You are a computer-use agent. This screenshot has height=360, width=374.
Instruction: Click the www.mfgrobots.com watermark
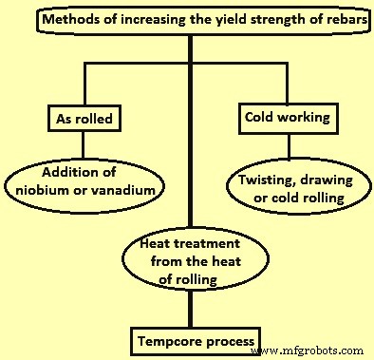(314, 349)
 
